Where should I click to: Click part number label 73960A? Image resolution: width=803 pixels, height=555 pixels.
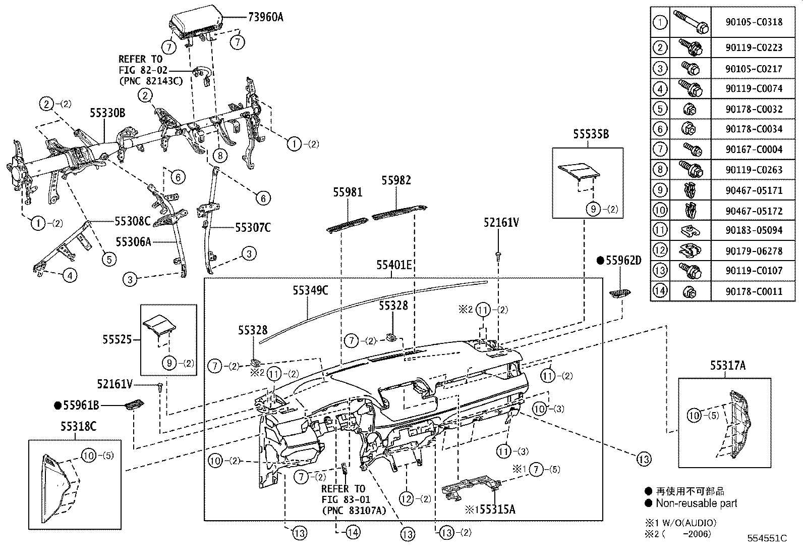(x=265, y=17)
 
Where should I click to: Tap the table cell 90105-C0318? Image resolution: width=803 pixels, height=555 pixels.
(x=754, y=22)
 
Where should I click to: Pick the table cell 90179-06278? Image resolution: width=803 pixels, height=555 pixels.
(x=754, y=250)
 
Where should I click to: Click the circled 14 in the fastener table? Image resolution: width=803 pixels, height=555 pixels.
(x=660, y=291)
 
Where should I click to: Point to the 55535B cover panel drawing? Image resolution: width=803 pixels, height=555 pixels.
(x=579, y=172)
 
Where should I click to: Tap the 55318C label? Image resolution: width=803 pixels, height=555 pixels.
(x=79, y=427)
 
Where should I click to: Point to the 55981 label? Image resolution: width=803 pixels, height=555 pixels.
(x=348, y=192)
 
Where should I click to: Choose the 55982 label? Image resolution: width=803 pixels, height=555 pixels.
(x=396, y=180)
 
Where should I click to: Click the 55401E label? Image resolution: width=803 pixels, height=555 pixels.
(x=394, y=265)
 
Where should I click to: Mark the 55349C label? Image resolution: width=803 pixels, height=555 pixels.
(x=311, y=290)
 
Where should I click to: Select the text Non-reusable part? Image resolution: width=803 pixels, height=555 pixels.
(x=696, y=503)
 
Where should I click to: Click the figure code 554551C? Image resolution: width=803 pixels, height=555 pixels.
(x=767, y=538)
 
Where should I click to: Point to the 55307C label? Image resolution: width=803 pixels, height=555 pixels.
(x=253, y=228)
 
